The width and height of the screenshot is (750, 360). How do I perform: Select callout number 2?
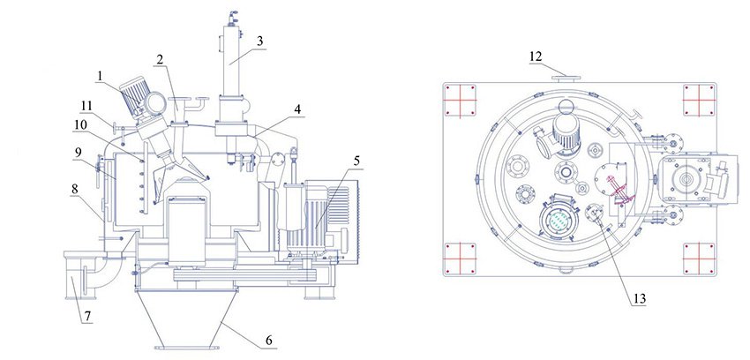[159, 59]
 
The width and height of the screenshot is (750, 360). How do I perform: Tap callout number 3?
[259, 41]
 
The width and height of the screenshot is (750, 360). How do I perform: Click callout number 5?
[356, 161]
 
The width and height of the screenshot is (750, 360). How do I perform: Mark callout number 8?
[75, 188]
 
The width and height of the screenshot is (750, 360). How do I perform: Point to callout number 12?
[535, 56]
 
